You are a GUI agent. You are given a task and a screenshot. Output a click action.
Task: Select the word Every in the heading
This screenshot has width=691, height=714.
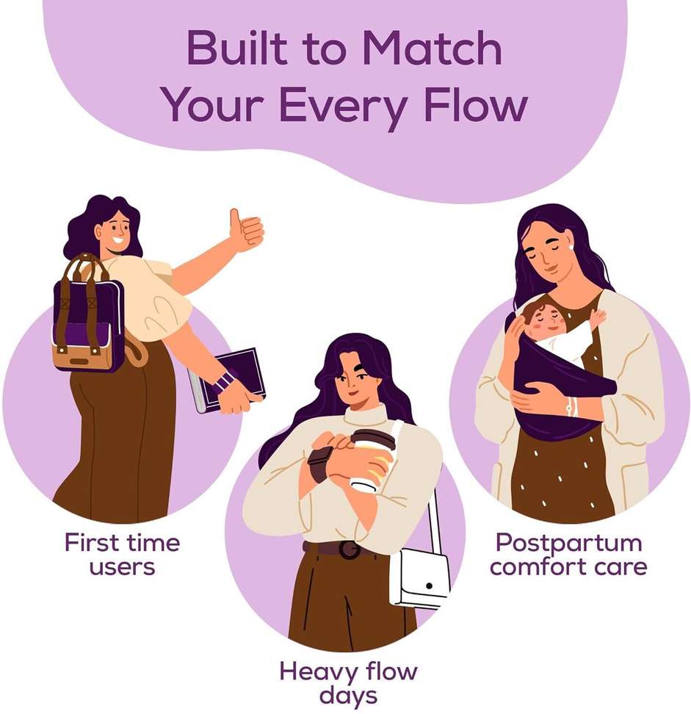tap(342, 109)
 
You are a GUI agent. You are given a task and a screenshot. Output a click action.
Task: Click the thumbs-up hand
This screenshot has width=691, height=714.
tap(246, 230)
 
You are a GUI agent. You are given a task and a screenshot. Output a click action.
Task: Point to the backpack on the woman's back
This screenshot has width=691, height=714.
tap(88, 314)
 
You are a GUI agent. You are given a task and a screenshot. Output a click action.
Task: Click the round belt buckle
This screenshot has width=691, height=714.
tap(349, 550)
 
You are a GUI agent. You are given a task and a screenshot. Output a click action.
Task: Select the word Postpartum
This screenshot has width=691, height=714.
tap(568, 543)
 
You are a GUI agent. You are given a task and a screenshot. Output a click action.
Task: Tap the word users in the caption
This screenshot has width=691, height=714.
tap(122, 567)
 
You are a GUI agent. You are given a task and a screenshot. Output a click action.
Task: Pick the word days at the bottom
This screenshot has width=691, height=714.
tap(348, 696)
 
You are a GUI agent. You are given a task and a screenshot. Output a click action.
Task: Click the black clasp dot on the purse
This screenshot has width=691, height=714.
tap(429, 585)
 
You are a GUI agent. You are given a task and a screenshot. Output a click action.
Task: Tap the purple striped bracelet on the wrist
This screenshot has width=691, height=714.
tap(224, 381)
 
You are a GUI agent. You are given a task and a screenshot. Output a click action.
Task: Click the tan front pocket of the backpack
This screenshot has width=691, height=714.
tap(82, 356)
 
